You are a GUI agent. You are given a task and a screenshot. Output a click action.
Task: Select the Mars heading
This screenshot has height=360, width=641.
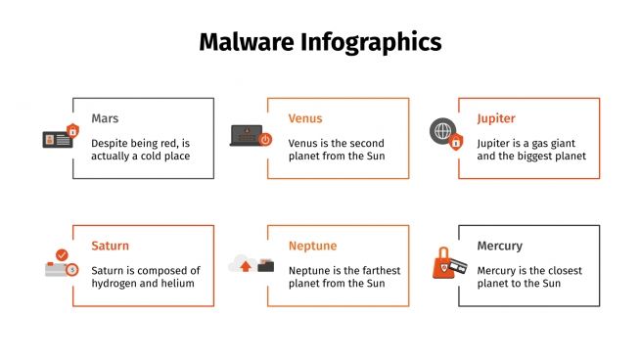pos(105,118)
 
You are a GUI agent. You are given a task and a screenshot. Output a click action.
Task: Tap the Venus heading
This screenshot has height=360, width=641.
pos(304,118)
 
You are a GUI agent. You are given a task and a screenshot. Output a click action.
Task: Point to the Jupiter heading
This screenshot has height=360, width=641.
pos(496,118)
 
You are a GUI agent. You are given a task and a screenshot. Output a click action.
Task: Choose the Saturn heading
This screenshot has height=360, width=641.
pos(110,246)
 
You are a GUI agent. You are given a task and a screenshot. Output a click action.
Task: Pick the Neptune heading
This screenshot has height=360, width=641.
pos(312,246)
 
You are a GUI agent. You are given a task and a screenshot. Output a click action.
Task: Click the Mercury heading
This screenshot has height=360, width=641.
pos(500,246)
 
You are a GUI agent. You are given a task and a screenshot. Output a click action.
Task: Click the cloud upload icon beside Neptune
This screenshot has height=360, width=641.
pos(244,264)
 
